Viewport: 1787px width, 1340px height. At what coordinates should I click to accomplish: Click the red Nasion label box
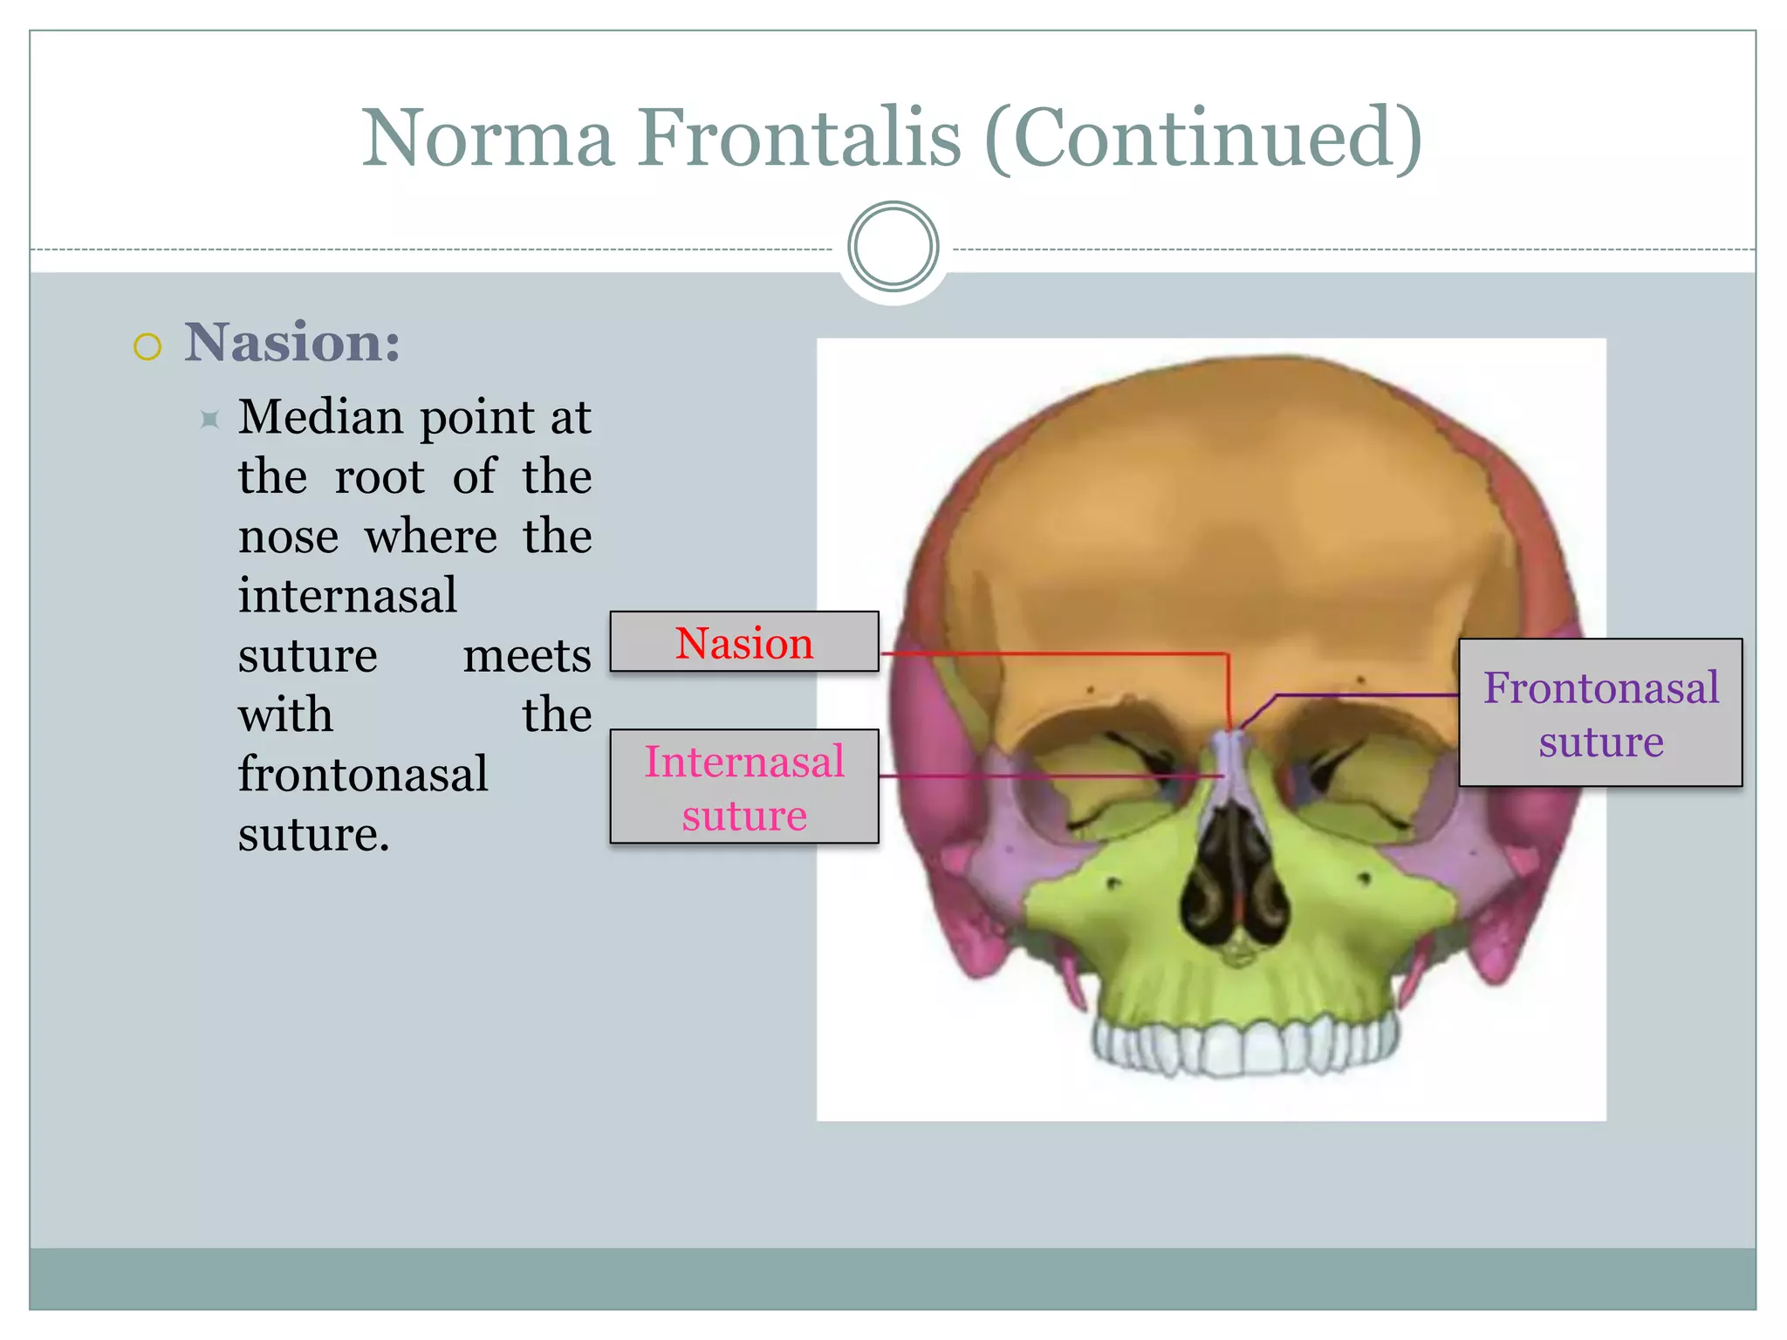click(743, 642)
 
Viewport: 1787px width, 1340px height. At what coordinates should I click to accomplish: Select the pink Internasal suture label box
click(743, 786)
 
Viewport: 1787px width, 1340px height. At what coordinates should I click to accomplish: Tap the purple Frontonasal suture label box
click(1600, 713)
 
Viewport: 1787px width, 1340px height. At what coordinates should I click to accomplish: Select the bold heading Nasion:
click(292, 342)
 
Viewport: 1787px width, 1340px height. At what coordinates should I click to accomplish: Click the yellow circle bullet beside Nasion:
click(147, 346)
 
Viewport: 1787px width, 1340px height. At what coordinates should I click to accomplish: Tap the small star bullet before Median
click(209, 420)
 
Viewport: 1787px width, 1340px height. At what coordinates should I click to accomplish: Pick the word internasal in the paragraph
click(347, 596)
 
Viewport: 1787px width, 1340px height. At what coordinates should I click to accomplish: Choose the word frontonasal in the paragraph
click(363, 775)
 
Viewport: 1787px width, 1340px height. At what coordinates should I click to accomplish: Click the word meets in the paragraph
click(527, 655)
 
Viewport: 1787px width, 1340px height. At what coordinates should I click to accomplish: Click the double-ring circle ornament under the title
click(893, 247)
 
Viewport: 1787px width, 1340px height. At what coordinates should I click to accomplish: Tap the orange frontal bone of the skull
click(1222, 523)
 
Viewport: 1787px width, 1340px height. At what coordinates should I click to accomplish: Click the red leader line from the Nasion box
click(1047, 653)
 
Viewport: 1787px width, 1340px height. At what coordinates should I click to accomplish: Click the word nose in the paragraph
click(288, 537)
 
